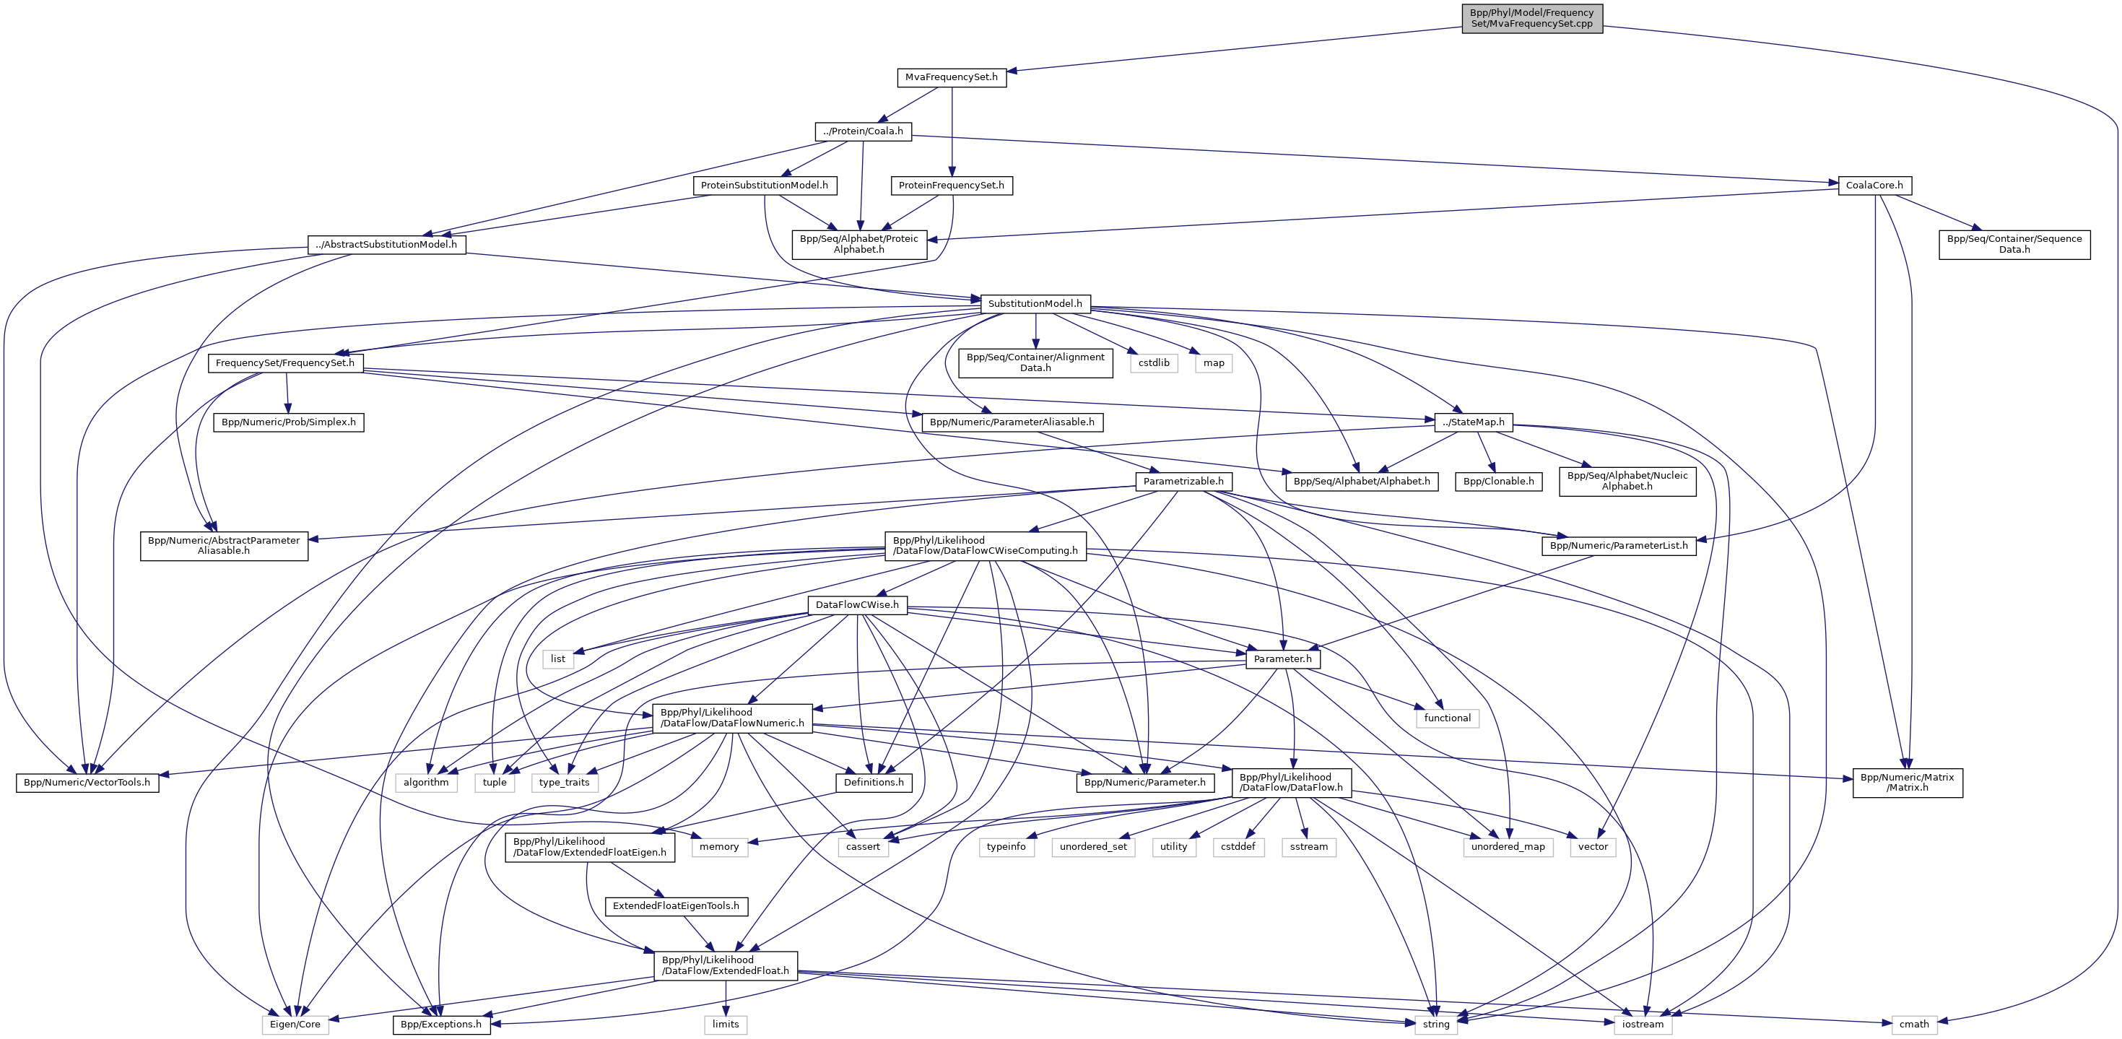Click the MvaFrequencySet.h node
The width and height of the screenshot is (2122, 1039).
[951, 77]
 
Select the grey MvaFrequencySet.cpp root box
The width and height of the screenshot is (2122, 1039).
[1531, 18]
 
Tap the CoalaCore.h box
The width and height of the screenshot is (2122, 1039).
[1874, 186]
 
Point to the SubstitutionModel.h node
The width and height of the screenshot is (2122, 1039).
[1035, 304]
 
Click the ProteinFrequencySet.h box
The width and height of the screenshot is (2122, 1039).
[951, 186]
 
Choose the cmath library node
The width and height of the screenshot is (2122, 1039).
[1913, 1024]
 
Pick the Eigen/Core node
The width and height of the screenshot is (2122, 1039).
[295, 1024]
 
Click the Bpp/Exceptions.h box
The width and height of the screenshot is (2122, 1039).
[442, 1024]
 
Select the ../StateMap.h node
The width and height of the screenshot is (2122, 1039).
[1473, 422]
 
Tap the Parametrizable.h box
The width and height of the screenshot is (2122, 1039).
[1183, 481]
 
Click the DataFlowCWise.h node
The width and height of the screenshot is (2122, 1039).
[857, 605]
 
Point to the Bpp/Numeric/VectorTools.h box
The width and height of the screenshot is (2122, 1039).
[87, 782]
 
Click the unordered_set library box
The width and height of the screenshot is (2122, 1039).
[1093, 846]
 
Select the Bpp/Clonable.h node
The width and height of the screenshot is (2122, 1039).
[1498, 481]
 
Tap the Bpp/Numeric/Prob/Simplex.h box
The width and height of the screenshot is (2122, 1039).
[288, 422]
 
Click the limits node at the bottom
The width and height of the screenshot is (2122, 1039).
[725, 1024]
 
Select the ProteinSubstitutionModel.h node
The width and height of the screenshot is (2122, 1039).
[764, 186]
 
